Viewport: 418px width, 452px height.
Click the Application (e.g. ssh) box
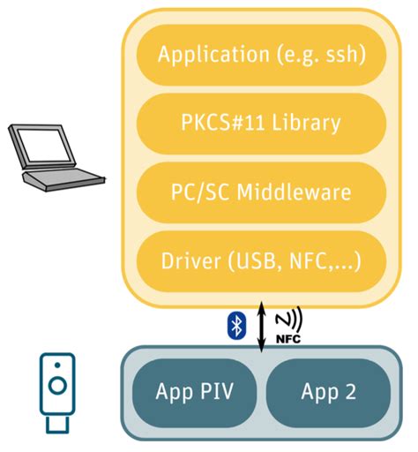click(261, 55)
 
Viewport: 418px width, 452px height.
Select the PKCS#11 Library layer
click(261, 124)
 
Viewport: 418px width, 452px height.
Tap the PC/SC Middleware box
click(261, 192)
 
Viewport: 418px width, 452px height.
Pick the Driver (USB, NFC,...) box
click(261, 261)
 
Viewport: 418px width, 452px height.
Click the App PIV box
click(194, 393)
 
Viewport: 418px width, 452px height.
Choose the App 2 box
click(328, 393)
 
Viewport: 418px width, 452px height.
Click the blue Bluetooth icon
click(236, 326)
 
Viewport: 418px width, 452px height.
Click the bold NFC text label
click(288, 339)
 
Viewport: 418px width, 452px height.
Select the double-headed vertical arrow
click(261, 327)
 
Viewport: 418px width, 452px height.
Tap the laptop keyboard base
click(63, 179)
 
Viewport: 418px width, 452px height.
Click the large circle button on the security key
click(57, 385)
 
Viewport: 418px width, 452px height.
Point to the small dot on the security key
click(57, 365)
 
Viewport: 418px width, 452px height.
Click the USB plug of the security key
click(57, 424)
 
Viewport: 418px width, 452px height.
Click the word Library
click(306, 123)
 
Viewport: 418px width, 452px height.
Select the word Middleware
click(294, 192)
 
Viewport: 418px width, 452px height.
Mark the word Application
click(213, 55)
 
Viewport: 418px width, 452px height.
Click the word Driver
click(191, 261)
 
